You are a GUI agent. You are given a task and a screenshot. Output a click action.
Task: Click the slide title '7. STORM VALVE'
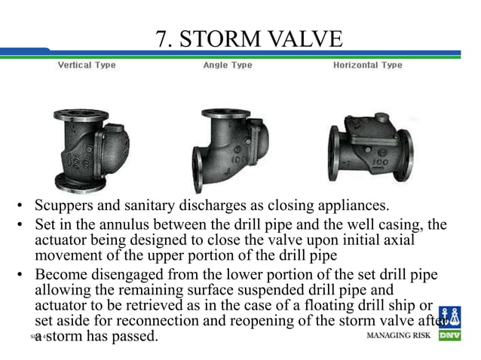[249, 37]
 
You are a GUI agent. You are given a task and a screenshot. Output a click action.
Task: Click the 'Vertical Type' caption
[87, 66]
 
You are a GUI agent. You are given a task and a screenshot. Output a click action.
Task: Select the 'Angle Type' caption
[227, 66]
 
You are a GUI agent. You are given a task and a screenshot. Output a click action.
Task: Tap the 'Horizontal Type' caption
[368, 66]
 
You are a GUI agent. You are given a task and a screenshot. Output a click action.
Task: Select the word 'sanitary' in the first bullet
[160, 206]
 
